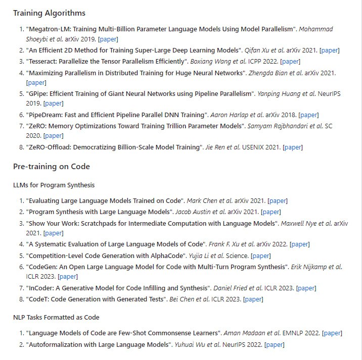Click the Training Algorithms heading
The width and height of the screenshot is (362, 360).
pos(49,13)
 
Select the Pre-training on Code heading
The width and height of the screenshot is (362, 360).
pos(52,166)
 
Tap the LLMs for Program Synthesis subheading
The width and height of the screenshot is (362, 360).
pos(54,185)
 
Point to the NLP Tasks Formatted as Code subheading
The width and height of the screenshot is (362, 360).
pos(56,317)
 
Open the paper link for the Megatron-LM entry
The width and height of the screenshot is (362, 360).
pos(108,39)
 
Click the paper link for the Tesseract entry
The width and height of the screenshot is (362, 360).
pos(290,61)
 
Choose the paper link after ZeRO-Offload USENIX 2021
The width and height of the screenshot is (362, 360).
pos(292,147)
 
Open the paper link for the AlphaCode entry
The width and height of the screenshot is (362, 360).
pos(260,255)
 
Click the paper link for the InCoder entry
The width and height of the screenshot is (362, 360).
pos(306,288)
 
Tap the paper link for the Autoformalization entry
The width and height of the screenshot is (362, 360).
pos(275,344)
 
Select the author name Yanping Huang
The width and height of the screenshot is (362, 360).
pos(279,93)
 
